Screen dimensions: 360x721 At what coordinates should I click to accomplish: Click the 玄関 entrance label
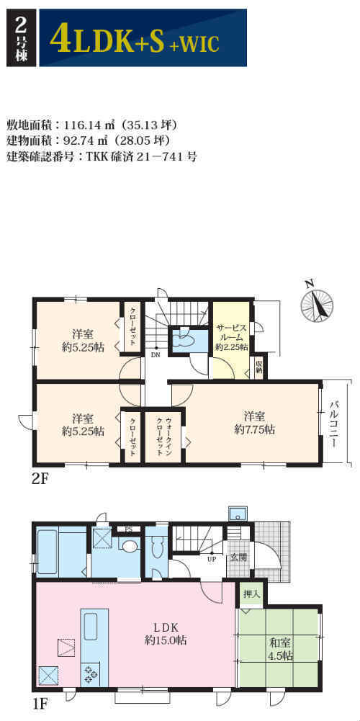tap(238, 559)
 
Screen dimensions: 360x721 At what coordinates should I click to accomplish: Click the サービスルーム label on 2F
tap(232, 338)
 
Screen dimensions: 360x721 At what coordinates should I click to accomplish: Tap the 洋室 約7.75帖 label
tap(253, 424)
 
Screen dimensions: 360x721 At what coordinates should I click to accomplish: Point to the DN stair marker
tap(156, 355)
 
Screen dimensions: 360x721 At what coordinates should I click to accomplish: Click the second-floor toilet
tap(187, 340)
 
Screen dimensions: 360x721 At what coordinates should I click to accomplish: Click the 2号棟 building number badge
tap(20, 38)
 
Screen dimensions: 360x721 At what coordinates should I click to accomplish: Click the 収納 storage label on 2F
tap(258, 367)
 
